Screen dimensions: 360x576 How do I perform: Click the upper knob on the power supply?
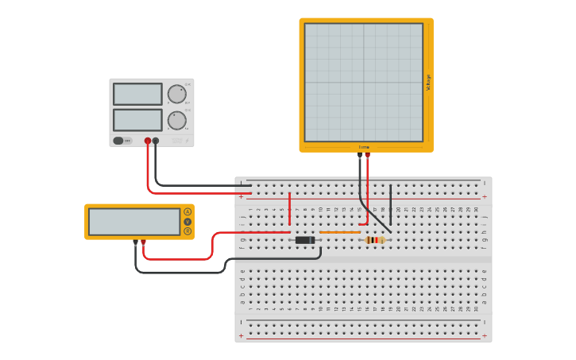176,94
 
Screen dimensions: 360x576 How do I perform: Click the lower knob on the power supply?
176,120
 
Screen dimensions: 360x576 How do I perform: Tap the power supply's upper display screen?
137,94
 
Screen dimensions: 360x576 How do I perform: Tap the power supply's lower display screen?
137,120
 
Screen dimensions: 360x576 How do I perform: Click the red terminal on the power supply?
148,141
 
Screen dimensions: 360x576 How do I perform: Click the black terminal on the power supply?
156,141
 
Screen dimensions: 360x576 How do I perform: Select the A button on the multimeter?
187,211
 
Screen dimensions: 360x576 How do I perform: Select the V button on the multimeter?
187,222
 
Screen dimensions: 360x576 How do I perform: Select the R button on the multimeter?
187,231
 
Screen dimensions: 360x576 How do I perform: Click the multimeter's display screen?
134,222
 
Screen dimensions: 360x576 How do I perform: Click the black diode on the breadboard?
305,240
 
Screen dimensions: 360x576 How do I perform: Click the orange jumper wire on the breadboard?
340,232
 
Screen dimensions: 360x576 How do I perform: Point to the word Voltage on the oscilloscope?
429,82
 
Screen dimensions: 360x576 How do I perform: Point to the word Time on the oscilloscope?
364,147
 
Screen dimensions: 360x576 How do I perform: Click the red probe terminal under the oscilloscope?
367,155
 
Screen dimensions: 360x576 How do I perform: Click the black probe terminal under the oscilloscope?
360,155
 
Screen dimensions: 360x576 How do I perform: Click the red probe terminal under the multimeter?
143,242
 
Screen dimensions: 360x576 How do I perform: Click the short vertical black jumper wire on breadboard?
390,203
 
